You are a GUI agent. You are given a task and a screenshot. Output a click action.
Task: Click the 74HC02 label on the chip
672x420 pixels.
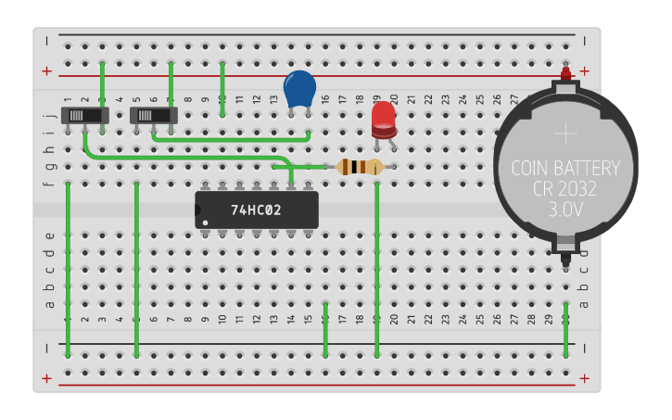click(256, 210)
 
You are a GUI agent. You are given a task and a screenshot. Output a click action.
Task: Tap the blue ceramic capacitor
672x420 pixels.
click(299, 89)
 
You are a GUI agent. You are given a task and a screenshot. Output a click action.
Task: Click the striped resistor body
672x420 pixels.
click(359, 167)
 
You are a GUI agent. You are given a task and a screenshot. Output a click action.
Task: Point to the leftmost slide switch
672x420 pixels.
click(84, 116)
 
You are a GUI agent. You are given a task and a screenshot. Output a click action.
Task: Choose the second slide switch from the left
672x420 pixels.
click(154, 116)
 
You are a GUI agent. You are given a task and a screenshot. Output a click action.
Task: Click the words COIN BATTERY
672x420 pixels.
click(565, 169)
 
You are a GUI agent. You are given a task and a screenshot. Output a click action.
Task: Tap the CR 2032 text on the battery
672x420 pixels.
click(565, 189)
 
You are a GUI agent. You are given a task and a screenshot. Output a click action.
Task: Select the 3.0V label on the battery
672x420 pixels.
click(565, 210)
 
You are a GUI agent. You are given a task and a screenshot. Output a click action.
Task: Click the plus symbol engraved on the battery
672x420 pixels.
click(565, 134)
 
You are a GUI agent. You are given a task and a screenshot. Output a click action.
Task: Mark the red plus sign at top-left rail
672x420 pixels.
click(46, 71)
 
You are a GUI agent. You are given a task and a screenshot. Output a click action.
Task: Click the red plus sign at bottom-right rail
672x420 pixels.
click(584, 378)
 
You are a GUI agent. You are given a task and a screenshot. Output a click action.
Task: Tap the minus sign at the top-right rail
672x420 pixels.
click(584, 39)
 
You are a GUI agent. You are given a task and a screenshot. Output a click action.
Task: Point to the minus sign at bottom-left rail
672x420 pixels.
click(46, 348)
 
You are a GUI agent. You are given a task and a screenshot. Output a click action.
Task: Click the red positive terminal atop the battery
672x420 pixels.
click(565, 73)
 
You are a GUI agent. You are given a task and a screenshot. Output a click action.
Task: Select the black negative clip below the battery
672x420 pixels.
click(565, 247)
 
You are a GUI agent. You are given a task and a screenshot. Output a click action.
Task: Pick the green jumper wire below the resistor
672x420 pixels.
click(376, 269)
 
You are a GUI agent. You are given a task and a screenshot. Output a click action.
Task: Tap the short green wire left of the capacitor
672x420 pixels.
click(222, 89)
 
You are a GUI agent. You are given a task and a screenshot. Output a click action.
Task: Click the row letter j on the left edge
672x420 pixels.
click(49, 116)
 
